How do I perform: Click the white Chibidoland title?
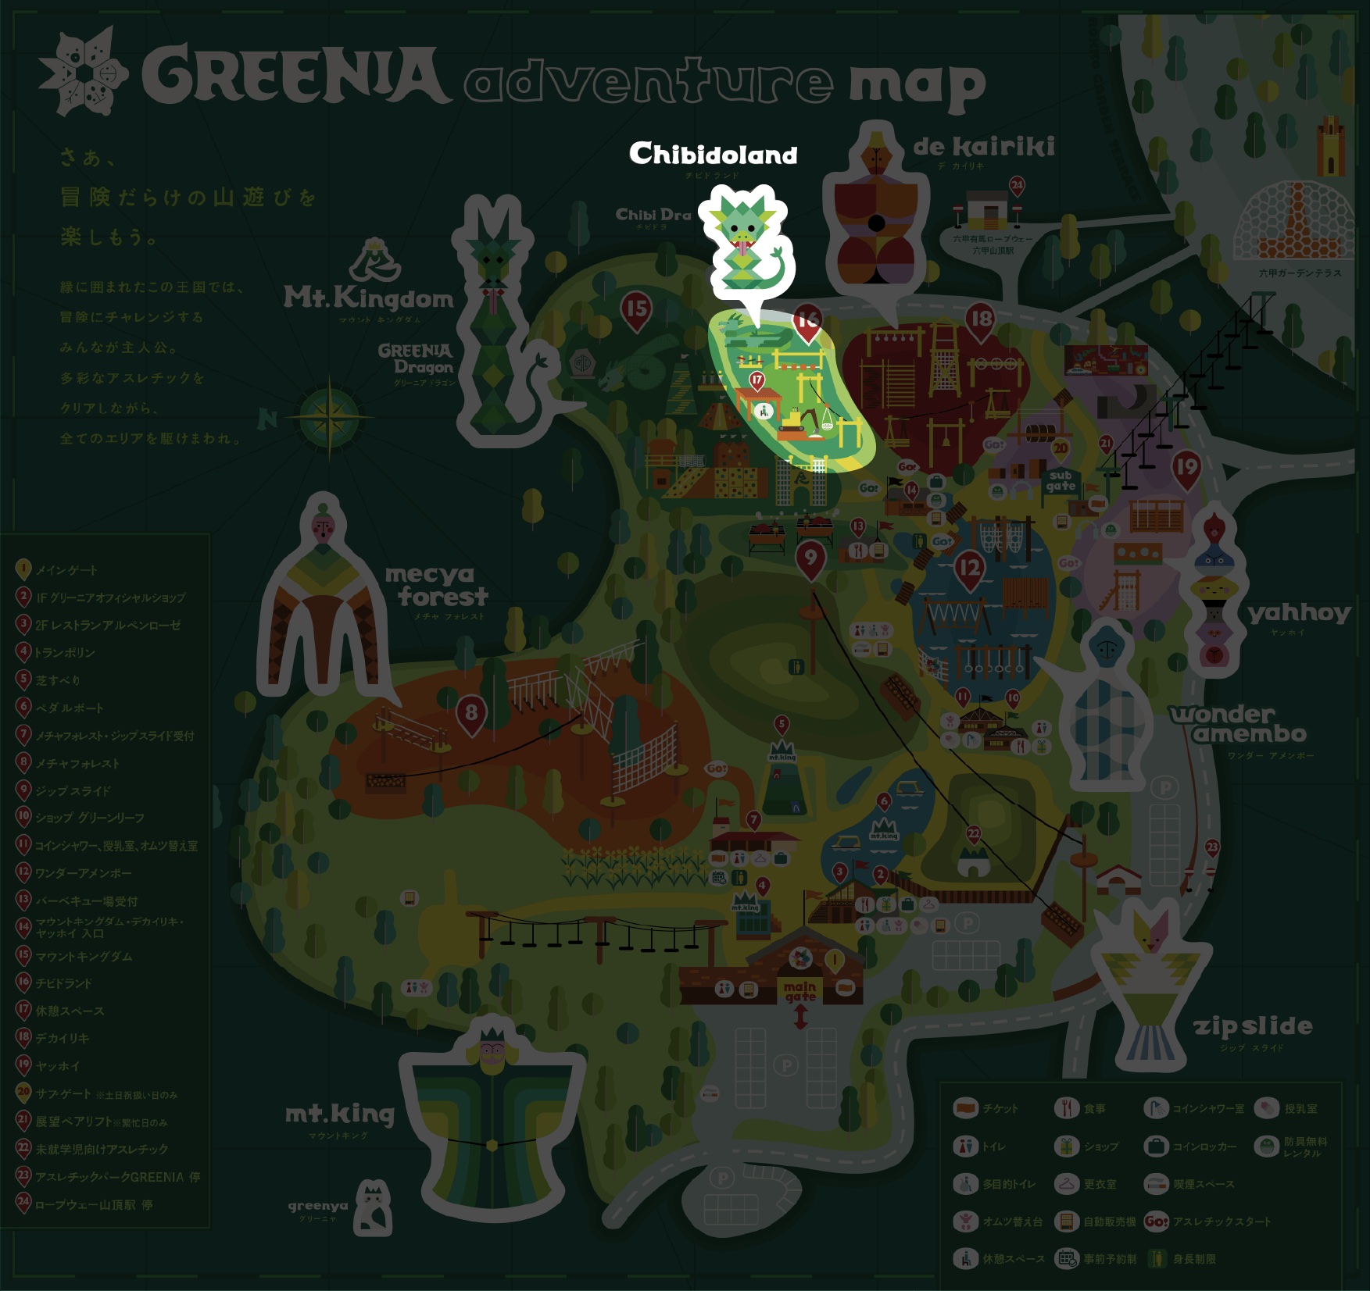pos(713,154)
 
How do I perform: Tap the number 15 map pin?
pos(637,308)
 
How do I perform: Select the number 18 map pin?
pos(980,319)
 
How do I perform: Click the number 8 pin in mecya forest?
pos(471,713)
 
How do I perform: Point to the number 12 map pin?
pos(969,569)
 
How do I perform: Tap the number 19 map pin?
pos(1186,468)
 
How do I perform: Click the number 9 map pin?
pos(810,558)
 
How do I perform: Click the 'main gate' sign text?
pos(800,992)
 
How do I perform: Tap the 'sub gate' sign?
pos(1061,480)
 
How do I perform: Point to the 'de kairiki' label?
pos(984,147)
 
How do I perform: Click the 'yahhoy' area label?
pos(1299,613)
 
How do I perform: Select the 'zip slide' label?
pos(1253,1025)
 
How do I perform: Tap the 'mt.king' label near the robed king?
pos(340,1114)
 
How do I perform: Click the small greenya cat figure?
pos(374,1208)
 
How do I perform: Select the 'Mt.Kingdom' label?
pos(368,298)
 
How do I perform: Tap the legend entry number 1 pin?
pos(23,569)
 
